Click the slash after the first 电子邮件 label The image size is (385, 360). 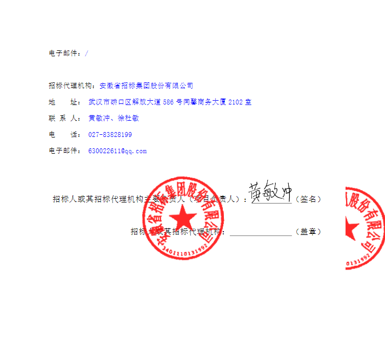click(87, 53)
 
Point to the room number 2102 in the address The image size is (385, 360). click(236, 102)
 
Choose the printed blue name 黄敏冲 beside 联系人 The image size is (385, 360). click(99, 118)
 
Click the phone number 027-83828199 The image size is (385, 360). click(110, 134)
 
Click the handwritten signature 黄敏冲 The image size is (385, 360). click(270, 192)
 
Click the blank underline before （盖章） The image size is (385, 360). click(261, 233)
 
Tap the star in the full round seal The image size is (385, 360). click(184, 219)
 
